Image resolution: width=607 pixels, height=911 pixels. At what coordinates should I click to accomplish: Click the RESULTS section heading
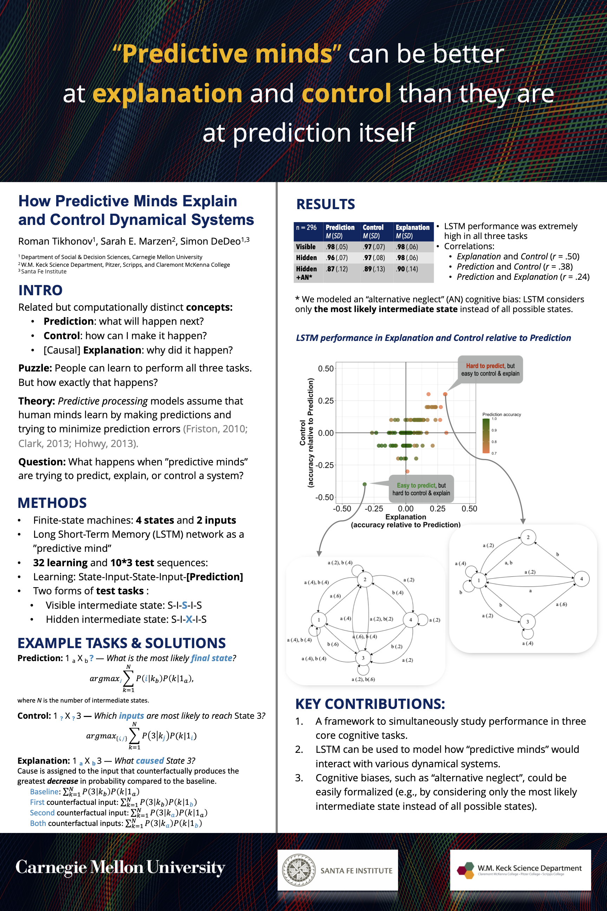click(x=326, y=204)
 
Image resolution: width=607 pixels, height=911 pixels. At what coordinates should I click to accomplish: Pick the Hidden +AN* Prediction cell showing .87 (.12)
click(x=337, y=269)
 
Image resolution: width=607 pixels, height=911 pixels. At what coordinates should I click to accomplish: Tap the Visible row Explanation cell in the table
click(x=407, y=247)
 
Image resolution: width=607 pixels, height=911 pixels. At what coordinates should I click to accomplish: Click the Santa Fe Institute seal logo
click(x=299, y=870)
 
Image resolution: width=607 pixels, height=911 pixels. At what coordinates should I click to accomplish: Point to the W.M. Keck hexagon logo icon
click(x=465, y=870)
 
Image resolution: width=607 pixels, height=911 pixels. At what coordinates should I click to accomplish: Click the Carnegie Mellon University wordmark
click(x=120, y=868)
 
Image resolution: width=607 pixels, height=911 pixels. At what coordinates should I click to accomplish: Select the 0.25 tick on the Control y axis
click(x=326, y=401)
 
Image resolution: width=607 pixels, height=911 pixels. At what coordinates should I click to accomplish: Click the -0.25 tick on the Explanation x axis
click(x=374, y=509)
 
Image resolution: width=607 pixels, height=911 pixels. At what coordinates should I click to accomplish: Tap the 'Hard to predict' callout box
click(x=490, y=369)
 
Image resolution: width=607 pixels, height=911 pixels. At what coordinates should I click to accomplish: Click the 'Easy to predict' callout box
click(x=421, y=489)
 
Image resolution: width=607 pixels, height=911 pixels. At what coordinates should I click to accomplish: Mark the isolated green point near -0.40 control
click(x=364, y=484)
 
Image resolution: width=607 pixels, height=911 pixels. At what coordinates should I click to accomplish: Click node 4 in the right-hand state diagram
click(x=581, y=579)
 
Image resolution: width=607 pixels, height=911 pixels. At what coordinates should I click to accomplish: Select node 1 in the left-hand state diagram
click(x=319, y=620)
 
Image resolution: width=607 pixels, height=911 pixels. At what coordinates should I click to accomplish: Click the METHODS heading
click(x=52, y=503)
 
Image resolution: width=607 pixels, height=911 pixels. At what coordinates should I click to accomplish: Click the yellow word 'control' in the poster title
click(x=346, y=93)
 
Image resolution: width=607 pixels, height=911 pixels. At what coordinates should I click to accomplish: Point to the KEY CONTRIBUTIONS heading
click(x=370, y=704)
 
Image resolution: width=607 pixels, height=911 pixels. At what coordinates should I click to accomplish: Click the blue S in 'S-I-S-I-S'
click(x=185, y=605)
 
